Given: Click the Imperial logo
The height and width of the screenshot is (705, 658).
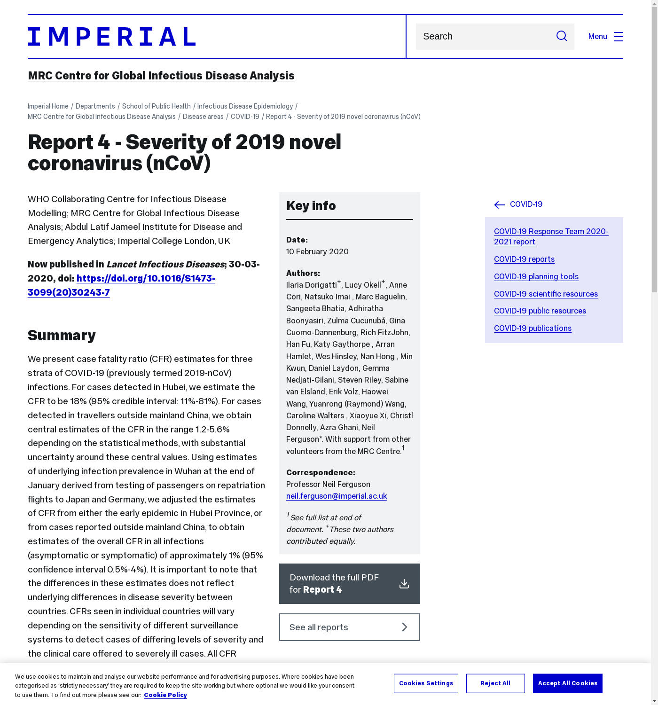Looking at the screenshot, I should pos(111,37).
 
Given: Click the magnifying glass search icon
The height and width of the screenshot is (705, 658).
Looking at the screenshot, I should pos(561,36).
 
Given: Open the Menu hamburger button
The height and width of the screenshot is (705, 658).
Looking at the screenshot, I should pos(618,37).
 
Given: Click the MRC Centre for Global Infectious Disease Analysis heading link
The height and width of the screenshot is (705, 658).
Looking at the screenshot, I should pos(161,76).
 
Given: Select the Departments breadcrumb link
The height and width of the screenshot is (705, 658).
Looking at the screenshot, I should pos(95,106).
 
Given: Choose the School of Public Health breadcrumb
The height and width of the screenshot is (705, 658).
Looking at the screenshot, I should pos(156,106).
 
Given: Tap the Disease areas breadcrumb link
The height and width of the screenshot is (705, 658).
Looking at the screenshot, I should pos(203,117).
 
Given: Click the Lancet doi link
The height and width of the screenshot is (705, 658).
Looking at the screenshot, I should pos(121,285).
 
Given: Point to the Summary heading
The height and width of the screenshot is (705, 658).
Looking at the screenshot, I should pos(62,335).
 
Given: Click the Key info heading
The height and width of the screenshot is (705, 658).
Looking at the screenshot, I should pos(311,206).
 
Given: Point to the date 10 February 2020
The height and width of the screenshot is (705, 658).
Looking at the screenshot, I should pos(317,251).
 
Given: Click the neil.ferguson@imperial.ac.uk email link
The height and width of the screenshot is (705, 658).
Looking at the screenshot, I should pos(336,496).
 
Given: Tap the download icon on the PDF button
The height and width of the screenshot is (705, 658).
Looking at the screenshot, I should pos(404,584).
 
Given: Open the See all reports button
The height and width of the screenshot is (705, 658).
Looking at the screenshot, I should pos(349,627).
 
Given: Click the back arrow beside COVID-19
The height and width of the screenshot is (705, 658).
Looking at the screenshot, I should pos(499,204).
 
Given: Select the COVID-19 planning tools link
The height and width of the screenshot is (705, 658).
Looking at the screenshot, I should pos(536,276).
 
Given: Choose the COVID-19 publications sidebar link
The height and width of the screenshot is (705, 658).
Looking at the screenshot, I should pos(533,328).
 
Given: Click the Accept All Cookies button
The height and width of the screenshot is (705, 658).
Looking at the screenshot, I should pos(567,683).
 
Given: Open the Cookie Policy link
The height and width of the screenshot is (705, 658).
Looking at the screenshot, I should pos(165,695).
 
